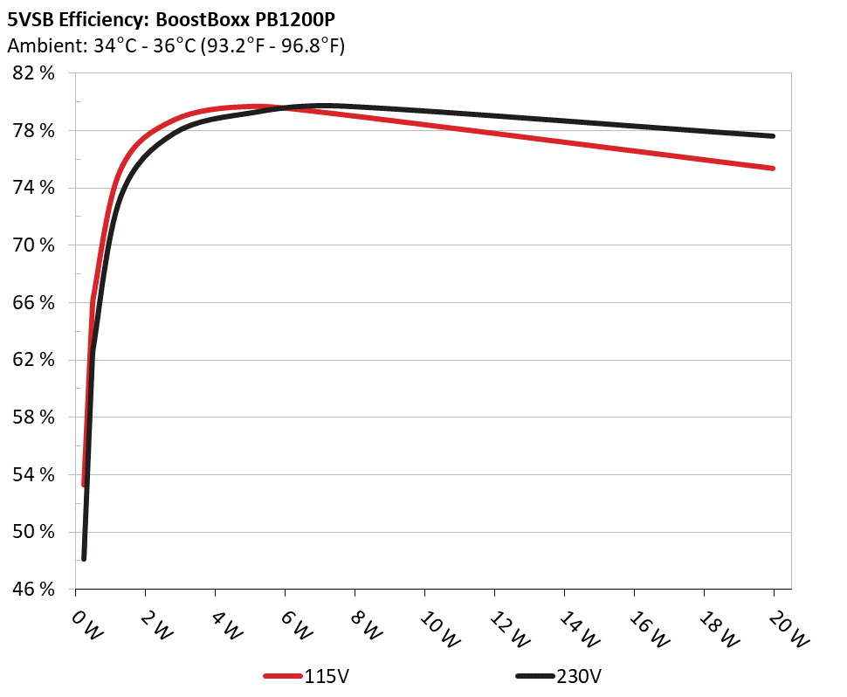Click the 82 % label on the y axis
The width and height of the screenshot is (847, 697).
click(34, 73)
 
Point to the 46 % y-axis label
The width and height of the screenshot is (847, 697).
click(34, 590)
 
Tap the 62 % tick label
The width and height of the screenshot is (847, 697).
click(34, 360)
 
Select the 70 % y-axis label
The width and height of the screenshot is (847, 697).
click(34, 245)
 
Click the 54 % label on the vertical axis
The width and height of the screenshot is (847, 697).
click(34, 475)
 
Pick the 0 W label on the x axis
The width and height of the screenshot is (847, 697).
click(86, 627)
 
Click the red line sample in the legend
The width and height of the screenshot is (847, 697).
click(284, 676)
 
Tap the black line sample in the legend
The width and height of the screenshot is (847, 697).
click(535, 676)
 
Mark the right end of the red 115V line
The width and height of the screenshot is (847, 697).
click(774, 168)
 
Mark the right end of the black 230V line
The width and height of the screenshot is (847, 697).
click(774, 136)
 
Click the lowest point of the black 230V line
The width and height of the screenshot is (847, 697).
click(84, 558)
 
